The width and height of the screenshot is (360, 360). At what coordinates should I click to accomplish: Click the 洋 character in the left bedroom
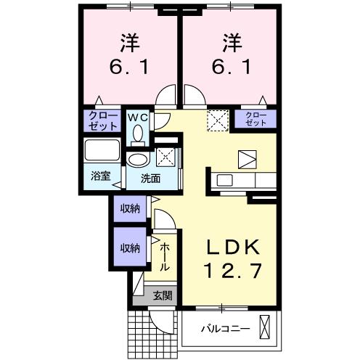pos(130,43)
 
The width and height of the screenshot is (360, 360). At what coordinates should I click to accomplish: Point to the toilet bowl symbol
pos(138,133)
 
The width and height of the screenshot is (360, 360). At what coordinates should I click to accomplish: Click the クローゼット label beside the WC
pos(103,120)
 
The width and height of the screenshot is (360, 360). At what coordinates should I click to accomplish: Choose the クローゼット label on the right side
pos(255,119)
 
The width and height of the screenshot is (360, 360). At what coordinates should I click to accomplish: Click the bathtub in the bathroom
pos(102,150)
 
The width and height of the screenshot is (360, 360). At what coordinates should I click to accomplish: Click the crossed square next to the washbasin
pos(165,157)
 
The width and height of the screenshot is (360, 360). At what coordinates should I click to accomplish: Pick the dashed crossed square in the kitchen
pos(217,120)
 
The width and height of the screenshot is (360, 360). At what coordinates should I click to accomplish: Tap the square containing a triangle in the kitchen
pos(247,158)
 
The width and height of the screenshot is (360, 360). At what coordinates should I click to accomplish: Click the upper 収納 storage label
pos(130,209)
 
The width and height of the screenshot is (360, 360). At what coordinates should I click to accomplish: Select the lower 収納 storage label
pos(130,247)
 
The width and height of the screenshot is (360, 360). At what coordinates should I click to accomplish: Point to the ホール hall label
pos(165,256)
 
